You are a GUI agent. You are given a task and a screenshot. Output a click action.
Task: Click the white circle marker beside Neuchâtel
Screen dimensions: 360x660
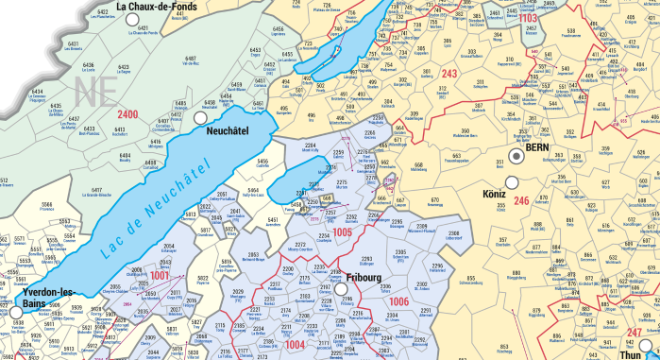coord(199,120)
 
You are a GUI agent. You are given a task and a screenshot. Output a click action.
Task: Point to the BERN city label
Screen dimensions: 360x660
coord(538,148)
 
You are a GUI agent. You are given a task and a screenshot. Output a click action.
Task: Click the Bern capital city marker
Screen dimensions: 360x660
coord(516,157)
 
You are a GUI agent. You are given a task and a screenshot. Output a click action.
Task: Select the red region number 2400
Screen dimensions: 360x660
coord(127,114)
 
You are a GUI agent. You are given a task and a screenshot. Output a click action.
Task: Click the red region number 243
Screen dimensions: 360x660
coord(449,74)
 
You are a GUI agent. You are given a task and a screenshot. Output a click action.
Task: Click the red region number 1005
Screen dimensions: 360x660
coord(342,231)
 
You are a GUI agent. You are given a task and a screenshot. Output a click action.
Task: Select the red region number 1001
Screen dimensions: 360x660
coord(161,275)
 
